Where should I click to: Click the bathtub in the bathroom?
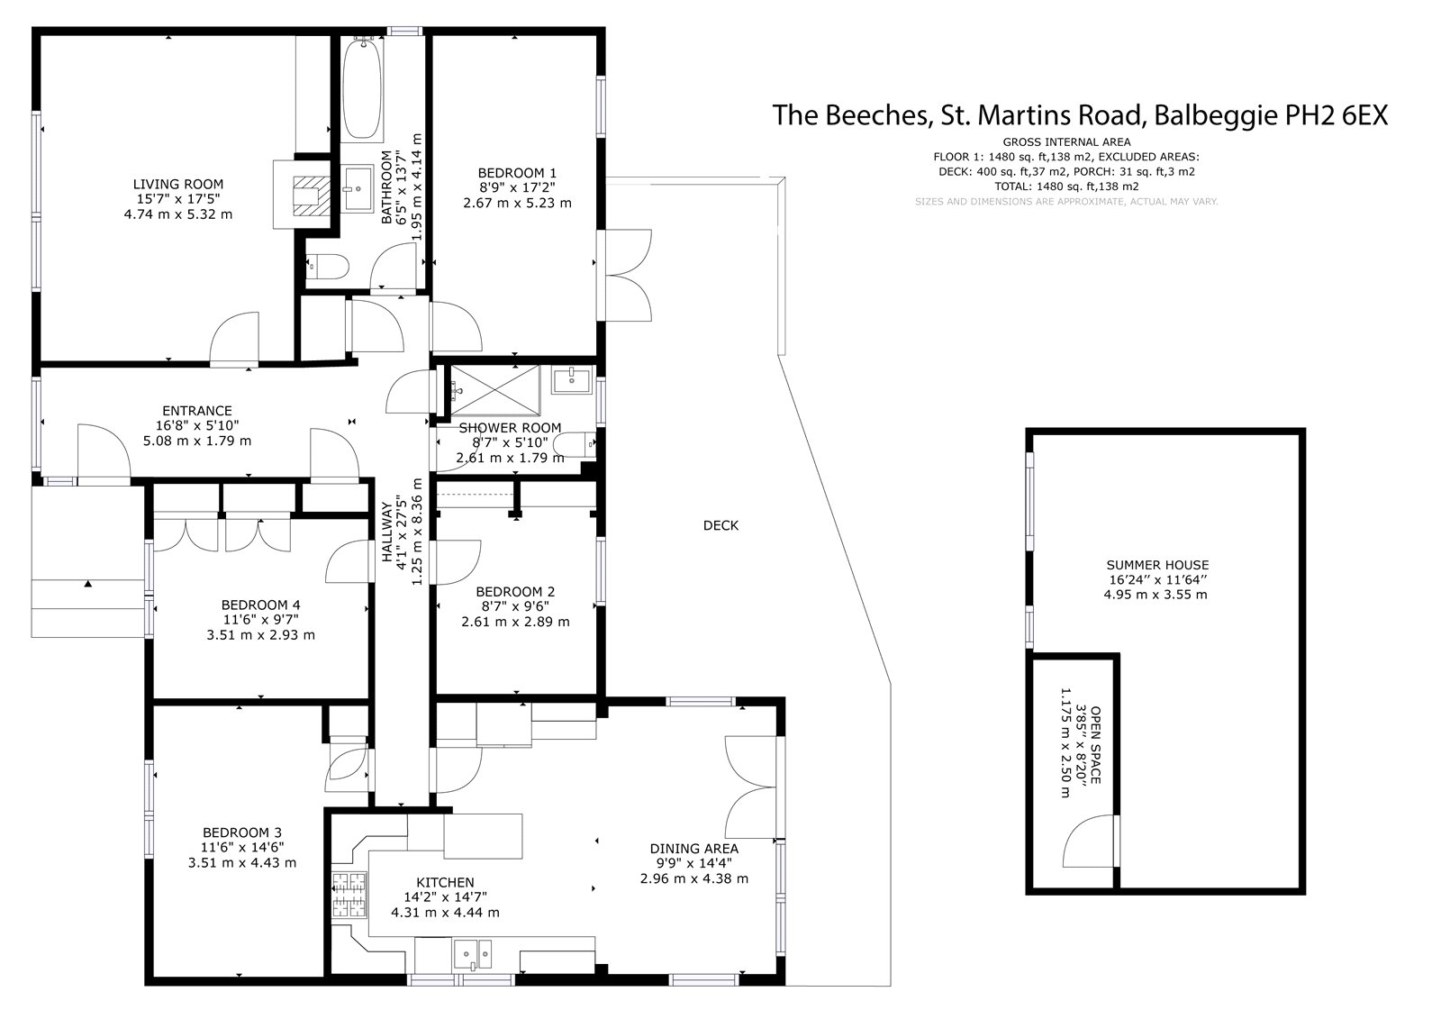pos(362,89)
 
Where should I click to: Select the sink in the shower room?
pos(571,379)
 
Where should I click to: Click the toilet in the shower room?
pos(574,444)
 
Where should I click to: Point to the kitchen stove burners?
pos(349,894)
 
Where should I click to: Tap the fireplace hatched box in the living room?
pos(312,196)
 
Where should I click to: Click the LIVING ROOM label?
pos(178,184)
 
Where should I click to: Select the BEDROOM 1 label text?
pos(517,173)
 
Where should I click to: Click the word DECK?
pos(720,526)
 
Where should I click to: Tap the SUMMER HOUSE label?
pos(1157,565)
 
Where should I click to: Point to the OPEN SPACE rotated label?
pos(1096,745)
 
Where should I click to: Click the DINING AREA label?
pos(694,849)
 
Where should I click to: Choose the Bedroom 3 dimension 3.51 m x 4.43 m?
pos(242,862)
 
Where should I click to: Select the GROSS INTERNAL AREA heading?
pos(1066,142)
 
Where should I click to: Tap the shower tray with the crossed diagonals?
pos(494,389)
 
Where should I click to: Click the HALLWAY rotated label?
pos(386,532)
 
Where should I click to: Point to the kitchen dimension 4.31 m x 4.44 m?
pos(445,912)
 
